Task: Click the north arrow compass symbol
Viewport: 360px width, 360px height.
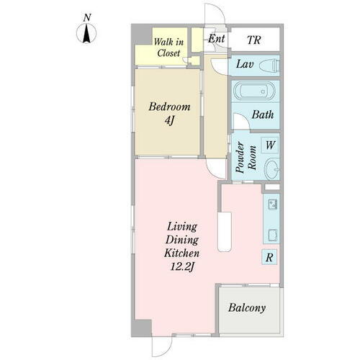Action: (x=86, y=33)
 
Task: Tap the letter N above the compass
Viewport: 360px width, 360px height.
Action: (x=87, y=18)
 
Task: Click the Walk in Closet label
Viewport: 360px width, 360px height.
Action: (x=168, y=48)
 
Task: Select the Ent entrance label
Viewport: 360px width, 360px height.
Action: (x=217, y=39)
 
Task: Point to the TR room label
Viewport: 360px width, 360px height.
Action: (x=254, y=40)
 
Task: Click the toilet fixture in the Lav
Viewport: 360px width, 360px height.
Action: (x=269, y=66)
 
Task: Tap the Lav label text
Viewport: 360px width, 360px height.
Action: (x=245, y=64)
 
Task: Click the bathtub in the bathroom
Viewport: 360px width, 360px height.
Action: (x=253, y=91)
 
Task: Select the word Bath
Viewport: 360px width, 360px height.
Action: (x=263, y=114)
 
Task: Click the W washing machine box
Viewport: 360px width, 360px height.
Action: (x=270, y=145)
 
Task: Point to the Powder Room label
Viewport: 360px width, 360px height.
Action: (x=246, y=158)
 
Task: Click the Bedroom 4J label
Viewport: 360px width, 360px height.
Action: (x=169, y=113)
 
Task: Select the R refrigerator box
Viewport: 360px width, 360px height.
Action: (x=269, y=257)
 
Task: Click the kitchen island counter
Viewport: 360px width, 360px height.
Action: (x=225, y=232)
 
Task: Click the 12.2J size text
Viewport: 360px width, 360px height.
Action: (x=181, y=266)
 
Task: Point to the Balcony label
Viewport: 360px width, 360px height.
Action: (x=247, y=307)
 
